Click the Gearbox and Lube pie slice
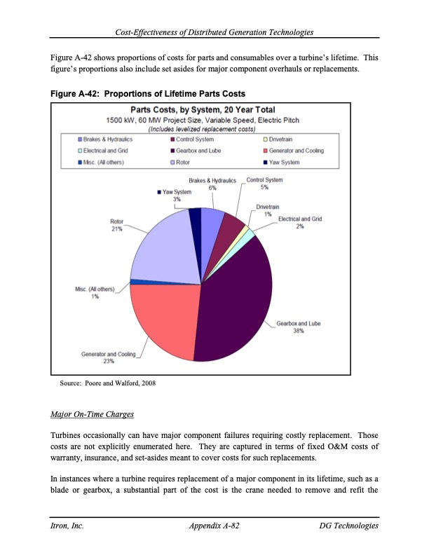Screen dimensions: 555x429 (x=235, y=301)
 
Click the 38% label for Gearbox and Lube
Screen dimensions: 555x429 (x=299, y=332)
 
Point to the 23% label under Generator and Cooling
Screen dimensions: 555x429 (x=109, y=362)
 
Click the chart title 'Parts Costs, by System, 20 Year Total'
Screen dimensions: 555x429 (x=203, y=109)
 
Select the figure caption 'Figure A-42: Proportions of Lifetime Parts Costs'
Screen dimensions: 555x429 (x=147, y=93)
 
